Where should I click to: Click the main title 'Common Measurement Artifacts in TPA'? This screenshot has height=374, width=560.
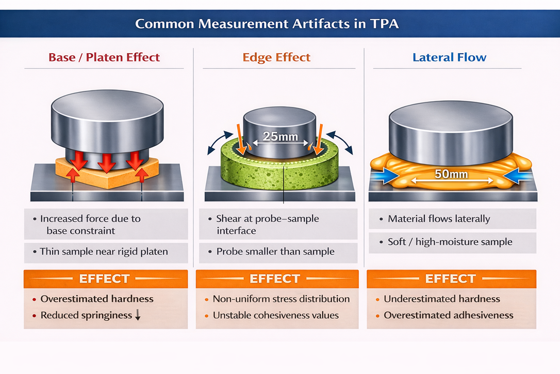coord(267,24)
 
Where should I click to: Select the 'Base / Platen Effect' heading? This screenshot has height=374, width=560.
coord(104,57)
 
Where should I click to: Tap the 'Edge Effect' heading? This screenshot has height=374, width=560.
coord(277,57)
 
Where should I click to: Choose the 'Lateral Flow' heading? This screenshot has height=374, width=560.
coord(450,57)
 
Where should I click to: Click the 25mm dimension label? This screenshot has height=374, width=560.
coord(277,137)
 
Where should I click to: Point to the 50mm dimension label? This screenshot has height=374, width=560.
coord(451,174)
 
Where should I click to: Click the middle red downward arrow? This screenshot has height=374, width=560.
coord(106,161)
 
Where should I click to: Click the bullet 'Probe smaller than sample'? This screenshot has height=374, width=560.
coord(275,252)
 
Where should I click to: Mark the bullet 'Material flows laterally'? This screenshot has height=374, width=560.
coord(439,219)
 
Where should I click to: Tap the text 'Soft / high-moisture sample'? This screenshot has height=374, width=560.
coord(450,241)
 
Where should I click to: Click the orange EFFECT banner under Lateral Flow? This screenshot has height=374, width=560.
coord(451,279)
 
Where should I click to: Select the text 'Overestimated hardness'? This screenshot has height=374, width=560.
coord(97,299)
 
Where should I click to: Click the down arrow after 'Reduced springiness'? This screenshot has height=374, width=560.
coord(138,316)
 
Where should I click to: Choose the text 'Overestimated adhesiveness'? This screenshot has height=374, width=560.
coord(449,315)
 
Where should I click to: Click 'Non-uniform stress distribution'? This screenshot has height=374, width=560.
coord(281,299)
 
